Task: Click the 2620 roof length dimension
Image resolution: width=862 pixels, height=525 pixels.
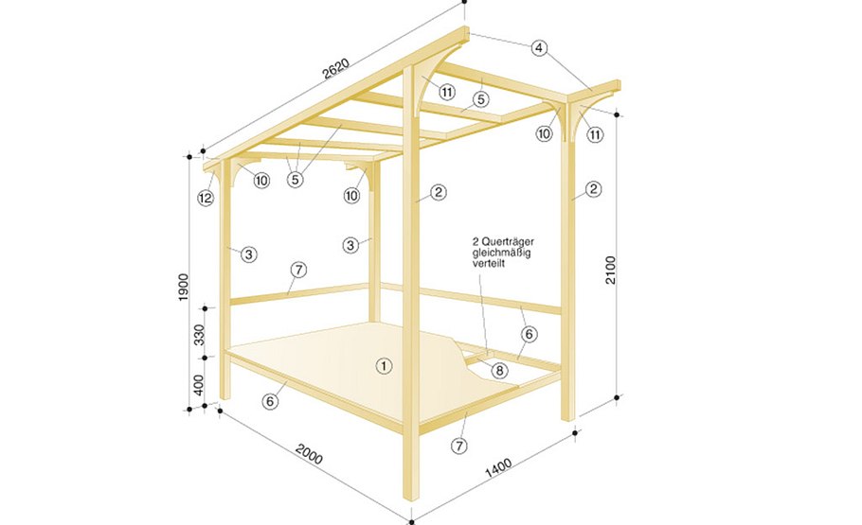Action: (x=336, y=69)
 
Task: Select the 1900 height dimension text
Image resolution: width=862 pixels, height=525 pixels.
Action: (x=184, y=287)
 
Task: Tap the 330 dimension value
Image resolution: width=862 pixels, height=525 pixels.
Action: (x=199, y=335)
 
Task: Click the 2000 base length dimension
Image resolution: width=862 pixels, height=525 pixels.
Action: (x=309, y=454)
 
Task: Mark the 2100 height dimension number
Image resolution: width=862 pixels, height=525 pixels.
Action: (x=611, y=270)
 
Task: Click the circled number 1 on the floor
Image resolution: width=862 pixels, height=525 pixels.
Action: (x=384, y=366)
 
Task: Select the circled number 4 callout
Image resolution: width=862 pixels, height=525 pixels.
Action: (x=539, y=48)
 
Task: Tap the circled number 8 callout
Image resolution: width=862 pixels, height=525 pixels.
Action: (x=499, y=371)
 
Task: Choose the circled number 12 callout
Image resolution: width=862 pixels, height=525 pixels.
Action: (x=206, y=198)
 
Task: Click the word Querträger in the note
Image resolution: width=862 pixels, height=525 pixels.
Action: (x=507, y=241)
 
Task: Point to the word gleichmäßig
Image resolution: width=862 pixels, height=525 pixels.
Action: (x=502, y=254)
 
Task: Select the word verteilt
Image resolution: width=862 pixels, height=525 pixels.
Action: (x=488, y=264)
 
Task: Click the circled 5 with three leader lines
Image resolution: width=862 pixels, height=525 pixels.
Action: (x=296, y=179)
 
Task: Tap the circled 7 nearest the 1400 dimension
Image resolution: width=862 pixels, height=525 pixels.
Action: (x=459, y=446)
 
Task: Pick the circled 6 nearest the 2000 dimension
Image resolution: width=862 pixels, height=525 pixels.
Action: (x=270, y=401)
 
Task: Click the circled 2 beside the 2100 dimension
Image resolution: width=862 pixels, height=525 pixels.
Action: (x=593, y=189)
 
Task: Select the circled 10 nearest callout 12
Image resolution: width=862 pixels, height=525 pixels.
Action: (x=261, y=180)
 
